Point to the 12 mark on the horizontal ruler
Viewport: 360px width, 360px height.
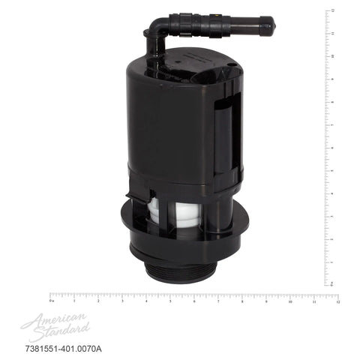(x=337, y=301)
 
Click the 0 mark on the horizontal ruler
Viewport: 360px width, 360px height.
(x=50, y=301)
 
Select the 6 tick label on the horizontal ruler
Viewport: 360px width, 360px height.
(x=194, y=301)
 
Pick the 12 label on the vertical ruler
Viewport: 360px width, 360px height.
(x=331, y=10)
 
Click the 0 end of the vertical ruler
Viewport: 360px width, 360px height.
(x=328, y=284)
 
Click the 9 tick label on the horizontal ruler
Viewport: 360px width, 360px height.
(x=266, y=301)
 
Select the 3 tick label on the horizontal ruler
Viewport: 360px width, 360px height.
(x=122, y=301)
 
